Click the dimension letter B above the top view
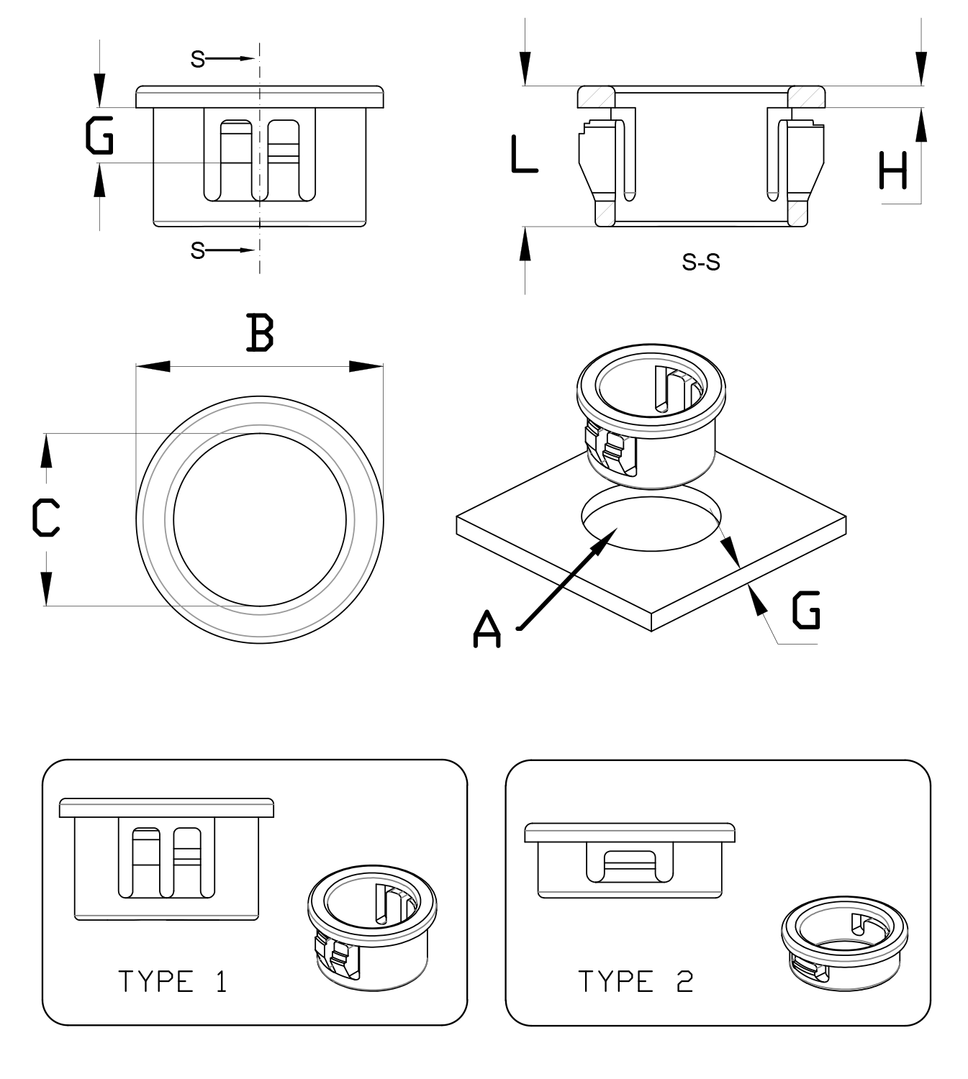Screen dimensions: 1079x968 tap(260, 332)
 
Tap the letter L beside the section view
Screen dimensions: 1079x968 tap(523, 155)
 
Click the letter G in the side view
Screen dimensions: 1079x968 tap(99, 137)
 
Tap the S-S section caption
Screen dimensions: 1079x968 tap(700, 263)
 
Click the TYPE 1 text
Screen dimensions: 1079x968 tap(173, 981)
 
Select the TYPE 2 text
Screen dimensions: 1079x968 tap(635, 981)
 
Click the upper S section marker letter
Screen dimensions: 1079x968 tap(197, 59)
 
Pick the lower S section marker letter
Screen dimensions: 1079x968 tap(197, 250)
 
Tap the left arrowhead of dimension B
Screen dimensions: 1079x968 tap(153, 366)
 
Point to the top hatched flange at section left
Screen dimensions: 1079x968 tap(596, 96)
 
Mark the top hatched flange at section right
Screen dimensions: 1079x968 tap(806, 96)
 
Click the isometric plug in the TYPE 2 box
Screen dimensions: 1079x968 tap(843, 942)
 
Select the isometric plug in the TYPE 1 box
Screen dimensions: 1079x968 tap(371, 932)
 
